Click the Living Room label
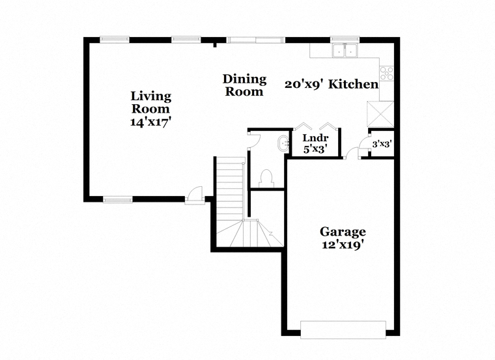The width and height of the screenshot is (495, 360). pyautogui.click(x=151, y=102)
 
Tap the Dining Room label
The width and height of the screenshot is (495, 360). pyautogui.click(x=244, y=85)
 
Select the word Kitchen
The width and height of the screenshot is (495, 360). pyautogui.click(x=354, y=84)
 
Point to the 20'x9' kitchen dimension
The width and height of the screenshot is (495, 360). pyautogui.click(x=304, y=84)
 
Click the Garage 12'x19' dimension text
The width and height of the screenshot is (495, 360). pyautogui.click(x=343, y=245)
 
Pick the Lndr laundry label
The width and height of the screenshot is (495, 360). pyautogui.click(x=315, y=138)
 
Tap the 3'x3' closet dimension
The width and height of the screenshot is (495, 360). pyautogui.click(x=382, y=144)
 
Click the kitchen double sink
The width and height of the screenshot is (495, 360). pyautogui.click(x=345, y=51)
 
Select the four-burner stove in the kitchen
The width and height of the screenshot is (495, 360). pyautogui.click(x=387, y=74)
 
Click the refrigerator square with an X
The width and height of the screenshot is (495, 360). pyautogui.click(x=380, y=114)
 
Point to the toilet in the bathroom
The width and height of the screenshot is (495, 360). pyautogui.click(x=267, y=178)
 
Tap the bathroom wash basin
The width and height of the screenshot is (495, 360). pyautogui.click(x=283, y=144)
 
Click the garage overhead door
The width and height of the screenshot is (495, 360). pyautogui.click(x=343, y=329)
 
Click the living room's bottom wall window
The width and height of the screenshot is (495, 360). pyautogui.click(x=118, y=199)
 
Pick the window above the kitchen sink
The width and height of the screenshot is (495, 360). pyautogui.click(x=345, y=40)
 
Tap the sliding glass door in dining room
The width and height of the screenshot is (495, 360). pyautogui.click(x=256, y=40)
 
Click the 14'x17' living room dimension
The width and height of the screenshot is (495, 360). pyautogui.click(x=151, y=122)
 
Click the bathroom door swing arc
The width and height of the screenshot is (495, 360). pyautogui.click(x=255, y=139)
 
